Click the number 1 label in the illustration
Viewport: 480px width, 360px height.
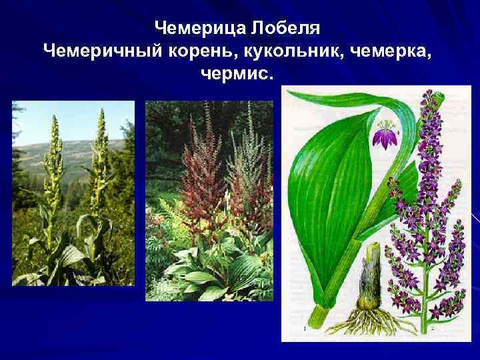click(x=304, y=328)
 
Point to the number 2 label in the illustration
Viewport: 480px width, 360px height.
click(x=433, y=328)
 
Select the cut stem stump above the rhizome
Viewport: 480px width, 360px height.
click(x=371, y=260)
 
